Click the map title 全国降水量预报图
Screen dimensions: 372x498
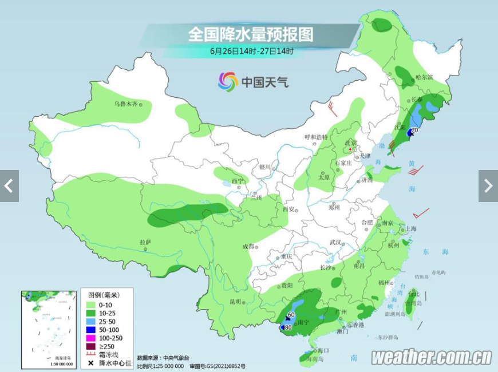click(x=251, y=34)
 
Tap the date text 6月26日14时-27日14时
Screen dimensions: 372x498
click(x=251, y=52)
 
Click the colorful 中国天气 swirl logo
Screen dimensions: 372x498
click(x=227, y=81)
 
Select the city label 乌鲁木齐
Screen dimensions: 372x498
click(x=125, y=104)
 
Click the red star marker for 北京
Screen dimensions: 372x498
click(x=350, y=149)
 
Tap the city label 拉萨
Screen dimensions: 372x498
click(x=145, y=243)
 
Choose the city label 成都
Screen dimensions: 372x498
click(x=248, y=246)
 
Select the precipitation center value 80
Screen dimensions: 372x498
click(x=288, y=327)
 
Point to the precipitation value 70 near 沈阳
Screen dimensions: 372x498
click(x=414, y=131)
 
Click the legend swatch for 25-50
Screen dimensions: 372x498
click(x=90, y=322)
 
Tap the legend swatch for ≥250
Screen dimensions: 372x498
click(x=90, y=346)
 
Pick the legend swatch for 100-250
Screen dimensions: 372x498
click(x=90, y=338)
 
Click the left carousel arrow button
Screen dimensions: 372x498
click(x=9, y=186)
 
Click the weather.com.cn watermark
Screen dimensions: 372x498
click(x=431, y=358)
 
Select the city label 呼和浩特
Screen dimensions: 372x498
click(x=315, y=137)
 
